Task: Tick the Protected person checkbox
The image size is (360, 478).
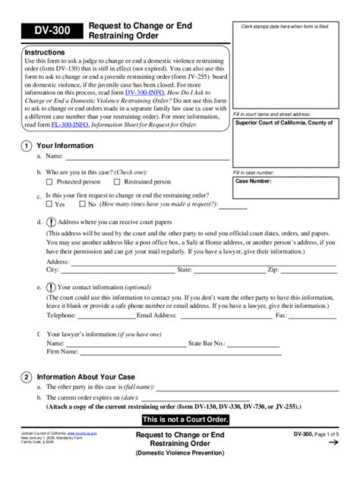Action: (50, 182)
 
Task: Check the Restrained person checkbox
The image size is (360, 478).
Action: (116, 182)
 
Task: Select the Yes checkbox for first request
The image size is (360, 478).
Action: (50, 204)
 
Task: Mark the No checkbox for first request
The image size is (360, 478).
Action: (82, 204)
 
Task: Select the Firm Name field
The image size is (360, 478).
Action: (129, 352)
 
